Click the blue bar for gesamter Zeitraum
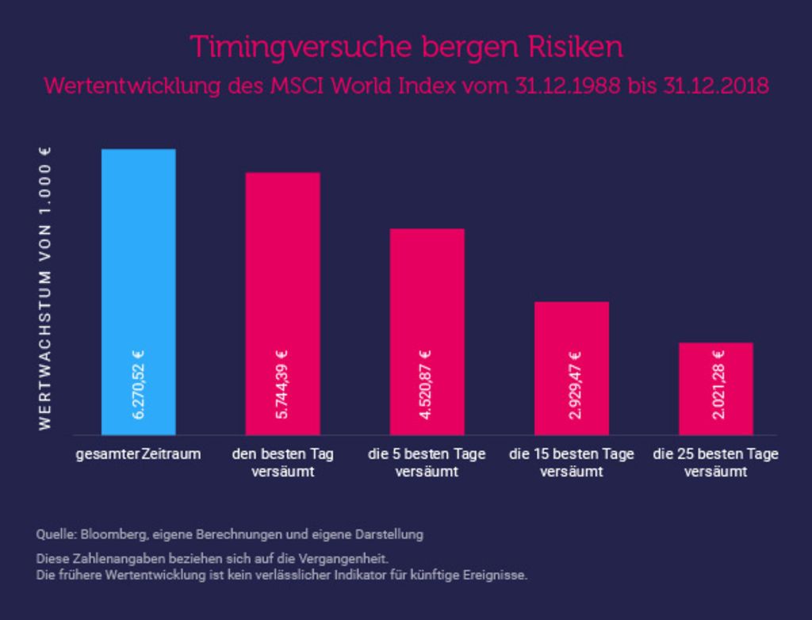(x=138, y=292)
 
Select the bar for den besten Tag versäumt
(x=283, y=304)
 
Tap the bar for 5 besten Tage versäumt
(x=427, y=331)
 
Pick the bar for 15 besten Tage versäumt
(x=572, y=368)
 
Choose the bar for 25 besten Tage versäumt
(x=716, y=388)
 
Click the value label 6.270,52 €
(x=138, y=385)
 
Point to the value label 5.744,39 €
(x=283, y=385)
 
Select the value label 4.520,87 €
(x=426, y=385)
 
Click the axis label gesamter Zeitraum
(x=138, y=454)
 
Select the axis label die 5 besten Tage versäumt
(x=427, y=463)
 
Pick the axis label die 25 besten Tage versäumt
(x=716, y=463)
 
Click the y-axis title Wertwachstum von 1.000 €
(x=45, y=289)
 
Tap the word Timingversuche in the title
(x=301, y=48)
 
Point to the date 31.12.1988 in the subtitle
(x=567, y=86)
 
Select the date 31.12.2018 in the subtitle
(x=716, y=86)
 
